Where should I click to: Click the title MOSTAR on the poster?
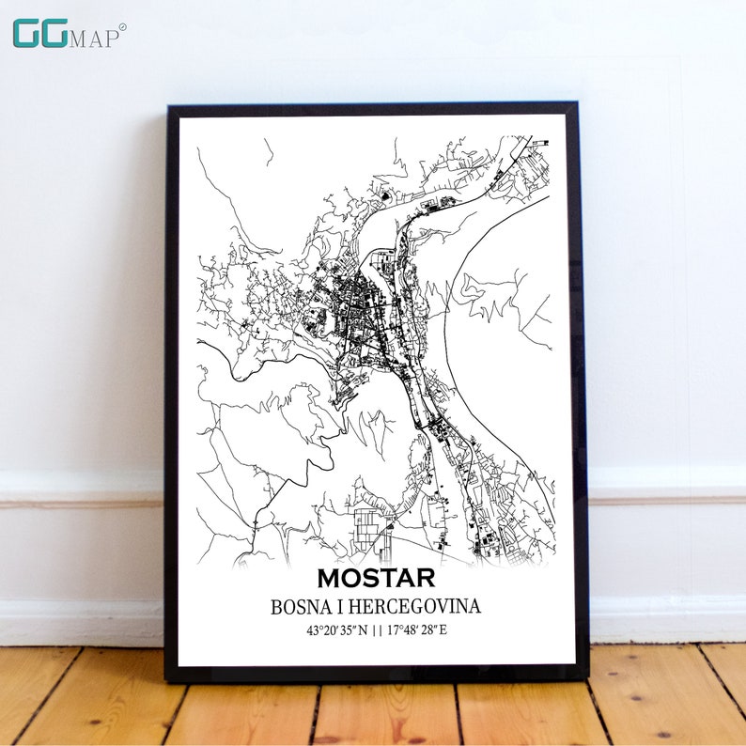(x=376, y=577)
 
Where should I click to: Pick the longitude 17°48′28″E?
(x=415, y=629)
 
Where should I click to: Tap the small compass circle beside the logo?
(x=122, y=27)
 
